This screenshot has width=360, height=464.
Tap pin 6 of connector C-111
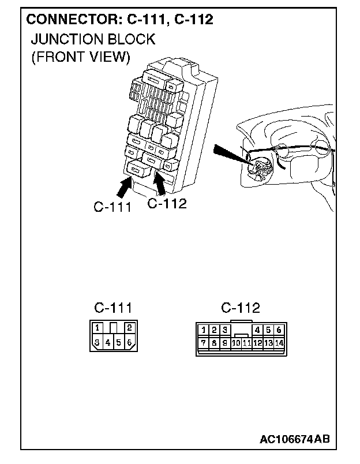[x=129, y=343]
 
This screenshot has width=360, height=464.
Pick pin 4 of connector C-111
[x=108, y=343]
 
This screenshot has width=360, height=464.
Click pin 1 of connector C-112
[x=204, y=330]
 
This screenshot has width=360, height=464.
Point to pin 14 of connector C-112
[x=279, y=343]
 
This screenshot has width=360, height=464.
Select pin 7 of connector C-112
[x=204, y=343]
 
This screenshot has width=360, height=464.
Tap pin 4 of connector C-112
[x=257, y=330]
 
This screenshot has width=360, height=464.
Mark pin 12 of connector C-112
[x=257, y=343]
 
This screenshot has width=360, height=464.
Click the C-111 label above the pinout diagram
[x=113, y=308]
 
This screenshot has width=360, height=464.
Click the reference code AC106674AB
[x=295, y=440]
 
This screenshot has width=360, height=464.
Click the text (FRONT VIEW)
[x=80, y=57]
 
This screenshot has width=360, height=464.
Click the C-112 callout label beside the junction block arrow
[x=167, y=204]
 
